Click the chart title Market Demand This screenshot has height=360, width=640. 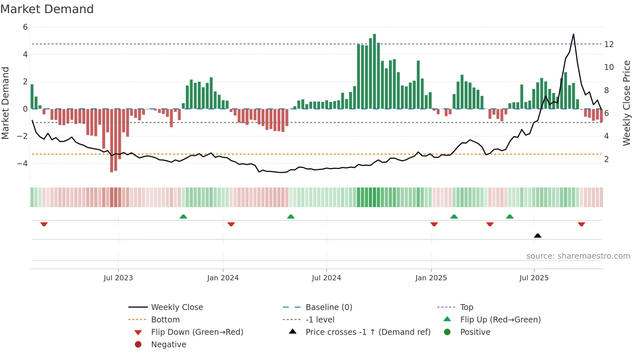[x=47, y=9]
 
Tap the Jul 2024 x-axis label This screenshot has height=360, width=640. [x=326, y=278]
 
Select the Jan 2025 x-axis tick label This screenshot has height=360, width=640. [x=431, y=278]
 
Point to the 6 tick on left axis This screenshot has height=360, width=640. [x=25, y=27]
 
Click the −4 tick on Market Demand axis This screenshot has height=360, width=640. [x=23, y=163]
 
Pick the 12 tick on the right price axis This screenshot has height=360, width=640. [x=609, y=44]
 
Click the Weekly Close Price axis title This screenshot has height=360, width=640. [x=626, y=103]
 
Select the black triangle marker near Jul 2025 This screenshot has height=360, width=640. [x=537, y=236]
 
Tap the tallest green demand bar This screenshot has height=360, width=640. [x=374, y=71]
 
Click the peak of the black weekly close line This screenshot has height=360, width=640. [x=573, y=34]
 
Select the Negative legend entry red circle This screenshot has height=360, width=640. [x=138, y=345]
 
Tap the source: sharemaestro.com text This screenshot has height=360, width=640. [x=578, y=256]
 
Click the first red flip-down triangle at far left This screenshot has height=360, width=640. [x=44, y=224]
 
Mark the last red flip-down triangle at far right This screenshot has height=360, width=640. [x=581, y=224]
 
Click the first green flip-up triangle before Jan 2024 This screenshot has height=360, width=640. [x=183, y=217]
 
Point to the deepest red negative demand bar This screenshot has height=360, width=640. [x=112, y=140]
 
